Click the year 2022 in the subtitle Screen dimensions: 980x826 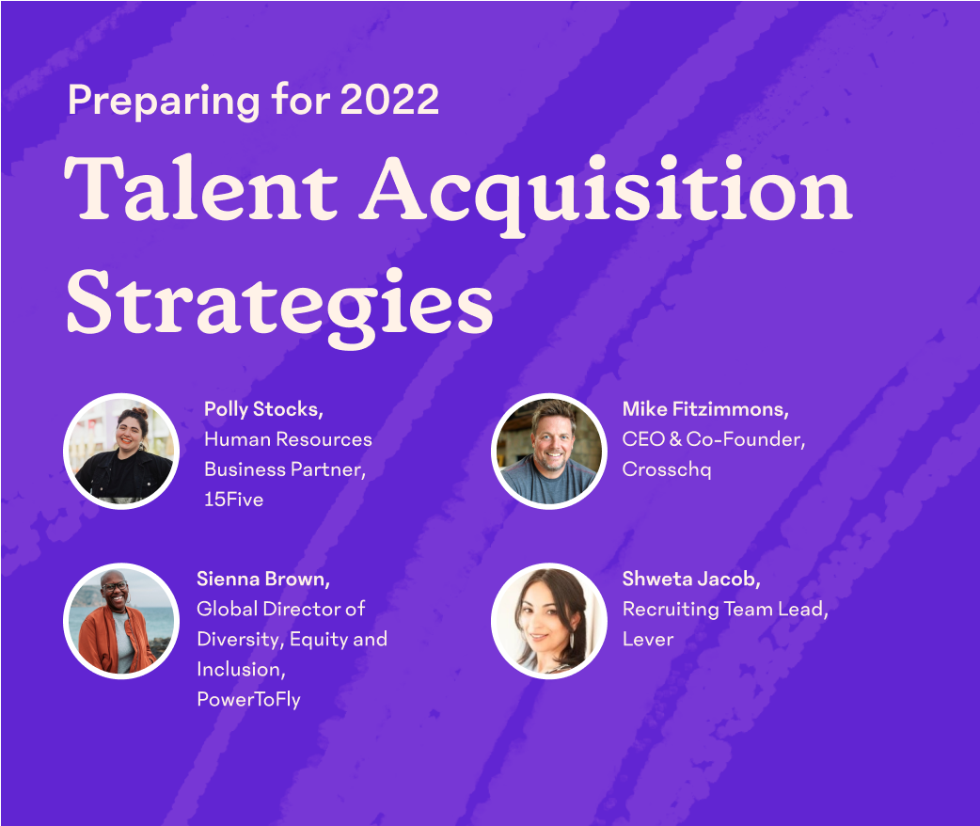389,99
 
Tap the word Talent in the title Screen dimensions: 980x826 201,187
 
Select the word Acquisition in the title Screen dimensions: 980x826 606,194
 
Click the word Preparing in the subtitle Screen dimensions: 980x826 164,102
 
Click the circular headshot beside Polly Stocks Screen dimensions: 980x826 121,452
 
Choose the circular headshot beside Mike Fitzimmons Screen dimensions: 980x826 548,452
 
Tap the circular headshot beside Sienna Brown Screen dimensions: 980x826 121,621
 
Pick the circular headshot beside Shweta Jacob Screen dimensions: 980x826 548,621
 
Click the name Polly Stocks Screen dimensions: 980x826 263,409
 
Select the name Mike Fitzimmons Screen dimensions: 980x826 705,409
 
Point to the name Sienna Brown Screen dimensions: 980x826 263,579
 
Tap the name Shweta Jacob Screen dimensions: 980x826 691,579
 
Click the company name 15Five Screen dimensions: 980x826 234,500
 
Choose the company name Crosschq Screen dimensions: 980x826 667,470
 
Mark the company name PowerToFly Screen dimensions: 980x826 248,699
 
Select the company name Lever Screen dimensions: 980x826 648,639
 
